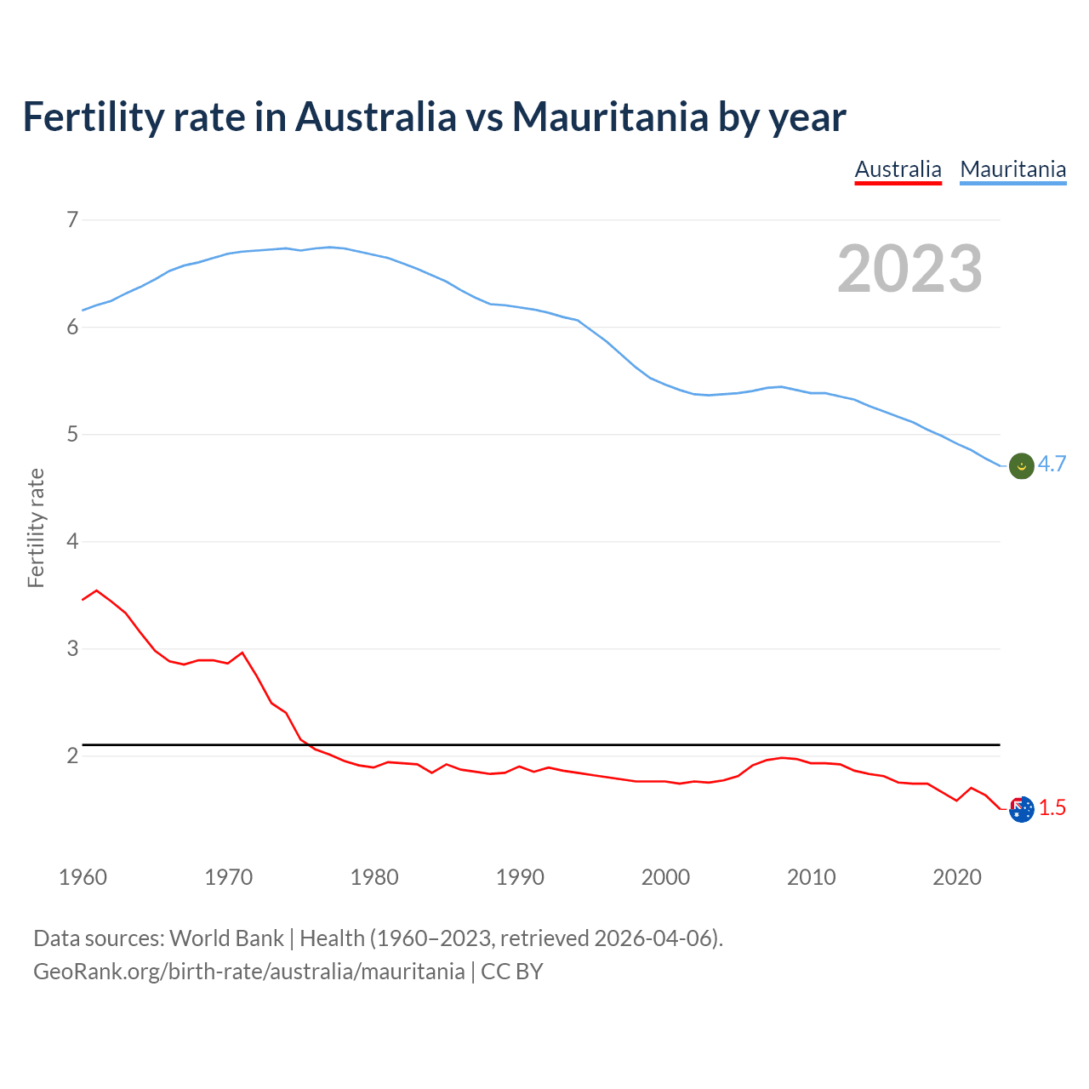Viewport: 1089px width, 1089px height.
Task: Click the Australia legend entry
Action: pos(898,169)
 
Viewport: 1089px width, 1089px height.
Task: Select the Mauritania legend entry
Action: pos(1012,169)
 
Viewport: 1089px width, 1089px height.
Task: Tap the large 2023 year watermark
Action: pos(909,269)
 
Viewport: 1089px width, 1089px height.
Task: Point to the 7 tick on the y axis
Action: pos(72,220)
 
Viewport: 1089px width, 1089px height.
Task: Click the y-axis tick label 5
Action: pos(72,434)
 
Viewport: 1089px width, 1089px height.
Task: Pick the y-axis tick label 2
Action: pos(72,755)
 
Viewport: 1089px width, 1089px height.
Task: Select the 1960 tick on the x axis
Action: pos(83,877)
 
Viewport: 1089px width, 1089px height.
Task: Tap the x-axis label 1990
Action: pos(520,877)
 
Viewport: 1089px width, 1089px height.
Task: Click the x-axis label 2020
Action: pos(957,877)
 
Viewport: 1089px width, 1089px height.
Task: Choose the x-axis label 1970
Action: pos(228,877)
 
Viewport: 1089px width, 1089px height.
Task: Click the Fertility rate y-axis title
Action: pos(36,527)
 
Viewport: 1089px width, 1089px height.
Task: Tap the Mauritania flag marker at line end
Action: pos(1021,465)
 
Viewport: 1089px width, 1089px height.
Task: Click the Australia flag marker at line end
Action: pos(1021,809)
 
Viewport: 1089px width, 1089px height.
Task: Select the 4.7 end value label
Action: pos(1052,465)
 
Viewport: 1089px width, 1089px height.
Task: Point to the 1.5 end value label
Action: pos(1052,808)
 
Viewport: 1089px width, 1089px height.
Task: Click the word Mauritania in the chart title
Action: pos(610,117)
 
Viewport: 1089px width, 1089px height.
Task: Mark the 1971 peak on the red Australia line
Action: pos(242,653)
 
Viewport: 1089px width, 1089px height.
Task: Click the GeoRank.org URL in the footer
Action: pos(248,972)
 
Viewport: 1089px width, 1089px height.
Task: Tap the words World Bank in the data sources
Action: pos(226,938)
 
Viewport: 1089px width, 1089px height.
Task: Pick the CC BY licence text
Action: pos(512,972)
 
